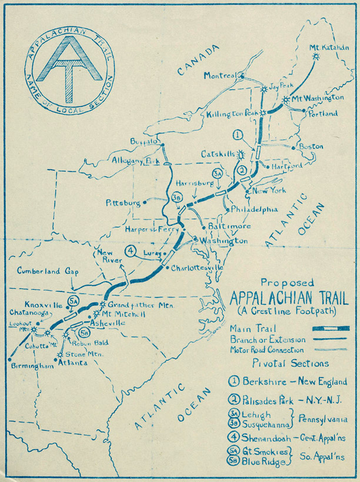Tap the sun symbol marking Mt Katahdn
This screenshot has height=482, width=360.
[317, 56]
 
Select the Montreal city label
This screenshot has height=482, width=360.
[220, 75]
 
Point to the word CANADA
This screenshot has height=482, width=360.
[197, 61]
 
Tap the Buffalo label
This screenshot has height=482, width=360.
[144, 142]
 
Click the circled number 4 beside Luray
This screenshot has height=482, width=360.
[131, 251]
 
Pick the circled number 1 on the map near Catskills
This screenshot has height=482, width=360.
[238, 135]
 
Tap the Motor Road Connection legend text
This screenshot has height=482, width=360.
[266, 349]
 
